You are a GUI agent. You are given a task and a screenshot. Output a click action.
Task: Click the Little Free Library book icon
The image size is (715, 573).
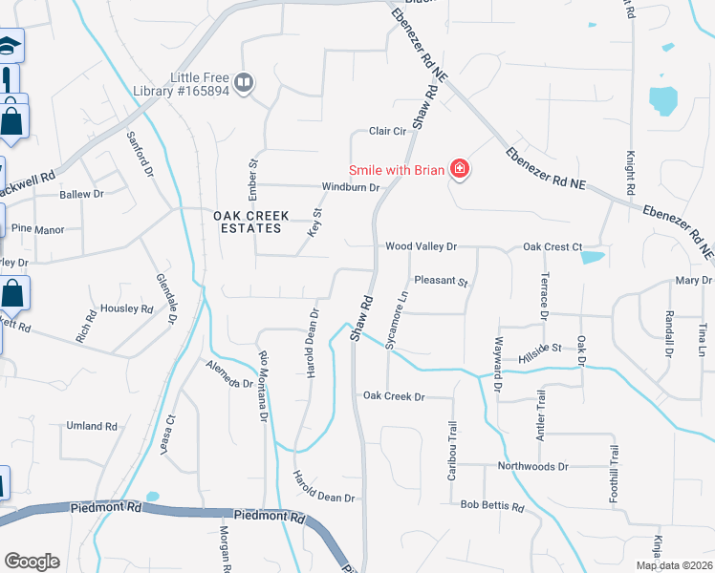pos(244,83)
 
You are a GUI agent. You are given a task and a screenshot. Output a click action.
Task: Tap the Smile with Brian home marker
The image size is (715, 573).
pos(460,170)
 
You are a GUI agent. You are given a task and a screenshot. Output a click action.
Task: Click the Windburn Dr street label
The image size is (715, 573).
pos(351,187)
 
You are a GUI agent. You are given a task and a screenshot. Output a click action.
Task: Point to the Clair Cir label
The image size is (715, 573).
pos(388,132)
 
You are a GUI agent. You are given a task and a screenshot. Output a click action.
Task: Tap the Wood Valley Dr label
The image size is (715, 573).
pos(421,246)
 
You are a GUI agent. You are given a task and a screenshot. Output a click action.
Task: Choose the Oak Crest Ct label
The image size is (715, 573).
pos(552,246)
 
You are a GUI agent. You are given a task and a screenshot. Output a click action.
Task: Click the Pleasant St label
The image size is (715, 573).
pos(441,282)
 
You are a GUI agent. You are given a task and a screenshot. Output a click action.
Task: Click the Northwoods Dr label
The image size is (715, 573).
pos(532,466)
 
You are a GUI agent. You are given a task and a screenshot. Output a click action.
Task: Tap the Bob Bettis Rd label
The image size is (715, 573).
pos(492,505)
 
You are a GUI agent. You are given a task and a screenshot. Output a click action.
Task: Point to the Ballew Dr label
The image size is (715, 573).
pos(81,194)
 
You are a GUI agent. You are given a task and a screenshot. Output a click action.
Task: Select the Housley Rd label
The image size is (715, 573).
pos(127,308)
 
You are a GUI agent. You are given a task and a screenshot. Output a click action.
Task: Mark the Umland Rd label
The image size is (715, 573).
pos(91,426)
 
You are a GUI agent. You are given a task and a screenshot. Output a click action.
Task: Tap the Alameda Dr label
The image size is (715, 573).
pos(229,373)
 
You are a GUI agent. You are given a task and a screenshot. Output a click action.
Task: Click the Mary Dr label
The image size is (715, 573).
pos(693,280)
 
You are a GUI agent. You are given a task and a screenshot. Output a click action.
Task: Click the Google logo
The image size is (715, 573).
pos(32,562)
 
